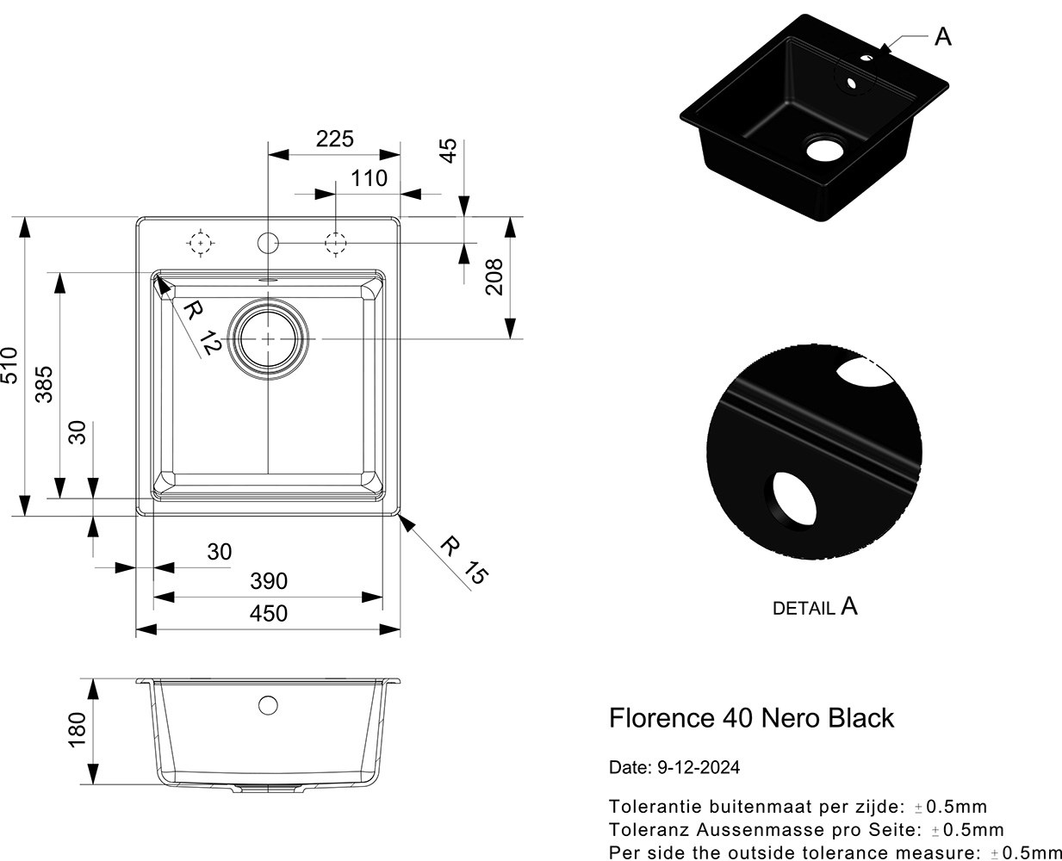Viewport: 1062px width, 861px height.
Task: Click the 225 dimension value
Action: click(334, 139)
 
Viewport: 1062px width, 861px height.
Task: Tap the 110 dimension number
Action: click(369, 178)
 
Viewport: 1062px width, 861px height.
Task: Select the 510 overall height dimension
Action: click(9, 366)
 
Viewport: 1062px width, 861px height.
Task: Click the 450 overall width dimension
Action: click(269, 614)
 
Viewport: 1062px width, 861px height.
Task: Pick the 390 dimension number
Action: click(269, 581)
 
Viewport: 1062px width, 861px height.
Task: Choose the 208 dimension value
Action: click(494, 276)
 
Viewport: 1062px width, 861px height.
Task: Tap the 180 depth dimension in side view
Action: click(77, 730)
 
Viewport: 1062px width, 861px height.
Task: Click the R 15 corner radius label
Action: click(463, 560)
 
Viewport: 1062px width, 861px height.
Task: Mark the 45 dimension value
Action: click(449, 151)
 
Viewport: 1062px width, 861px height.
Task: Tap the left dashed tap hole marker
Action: click(200, 244)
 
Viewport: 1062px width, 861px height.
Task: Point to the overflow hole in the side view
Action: click(268, 705)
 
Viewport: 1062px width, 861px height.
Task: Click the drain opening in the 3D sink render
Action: click(824, 148)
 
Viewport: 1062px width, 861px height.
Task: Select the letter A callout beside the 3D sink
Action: click(943, 37)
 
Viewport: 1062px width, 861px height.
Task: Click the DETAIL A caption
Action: click(815, 607)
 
